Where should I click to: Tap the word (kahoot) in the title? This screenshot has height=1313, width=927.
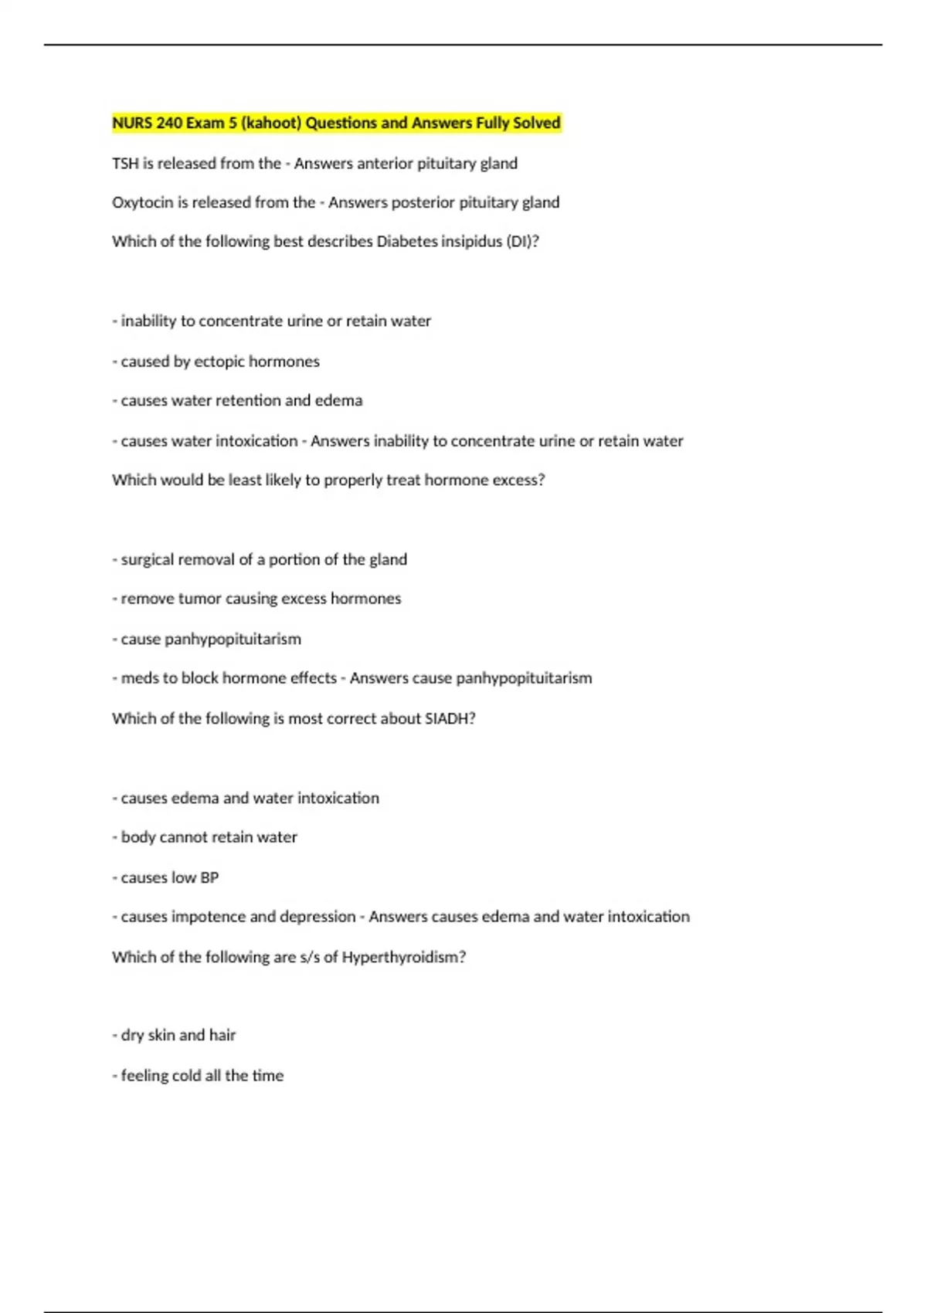pyautogui.click(x=271, y=123)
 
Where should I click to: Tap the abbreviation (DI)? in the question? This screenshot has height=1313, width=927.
pyautogui.click(x=522, y=242)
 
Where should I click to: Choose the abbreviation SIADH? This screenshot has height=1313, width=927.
pyautogui.click(x=450, y=718)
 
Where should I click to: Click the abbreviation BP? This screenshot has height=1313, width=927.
pyautogui.click(x=209, y=878)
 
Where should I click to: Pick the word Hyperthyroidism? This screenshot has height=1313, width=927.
pyautogui.click(x=403, y=958)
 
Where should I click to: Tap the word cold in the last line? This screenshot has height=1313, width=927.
pyautogui.click(x=188, y=1076)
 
